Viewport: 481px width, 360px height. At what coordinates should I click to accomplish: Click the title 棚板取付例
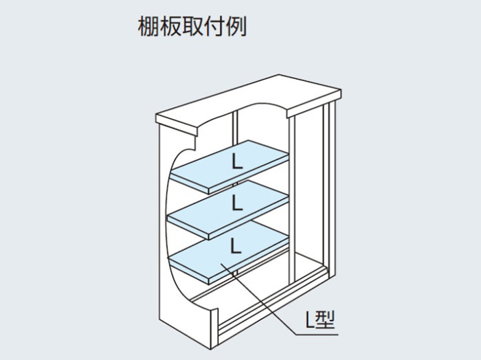pos(192,26)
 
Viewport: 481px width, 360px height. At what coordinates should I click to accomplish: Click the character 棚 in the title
pos(148,26)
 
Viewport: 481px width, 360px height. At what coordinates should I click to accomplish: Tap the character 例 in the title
pos(236,26)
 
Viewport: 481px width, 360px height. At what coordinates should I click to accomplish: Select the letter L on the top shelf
pos(237,161)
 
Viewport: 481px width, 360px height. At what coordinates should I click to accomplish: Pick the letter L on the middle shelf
pos(237,203)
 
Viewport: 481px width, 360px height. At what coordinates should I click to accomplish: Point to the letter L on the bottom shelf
pos(236,246)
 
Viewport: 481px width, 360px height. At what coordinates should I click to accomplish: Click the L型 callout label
pos(320,319)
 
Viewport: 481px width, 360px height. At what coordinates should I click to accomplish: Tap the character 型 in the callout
pos(326,319)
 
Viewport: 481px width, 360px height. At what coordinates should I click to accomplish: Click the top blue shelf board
pos(230,166)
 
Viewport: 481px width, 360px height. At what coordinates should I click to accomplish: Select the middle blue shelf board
pos(229,208)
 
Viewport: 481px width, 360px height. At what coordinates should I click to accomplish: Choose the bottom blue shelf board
pos(229,252)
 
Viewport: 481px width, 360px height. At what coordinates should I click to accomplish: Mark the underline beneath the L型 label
pos(316,334)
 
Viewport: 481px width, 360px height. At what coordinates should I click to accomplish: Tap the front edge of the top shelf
pos(249,175)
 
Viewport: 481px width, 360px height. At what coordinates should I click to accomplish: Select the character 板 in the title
pos(170,26)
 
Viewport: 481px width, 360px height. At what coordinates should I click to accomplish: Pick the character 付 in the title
pos(214,26)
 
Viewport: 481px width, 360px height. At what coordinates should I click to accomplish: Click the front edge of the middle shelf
pos(249,220)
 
